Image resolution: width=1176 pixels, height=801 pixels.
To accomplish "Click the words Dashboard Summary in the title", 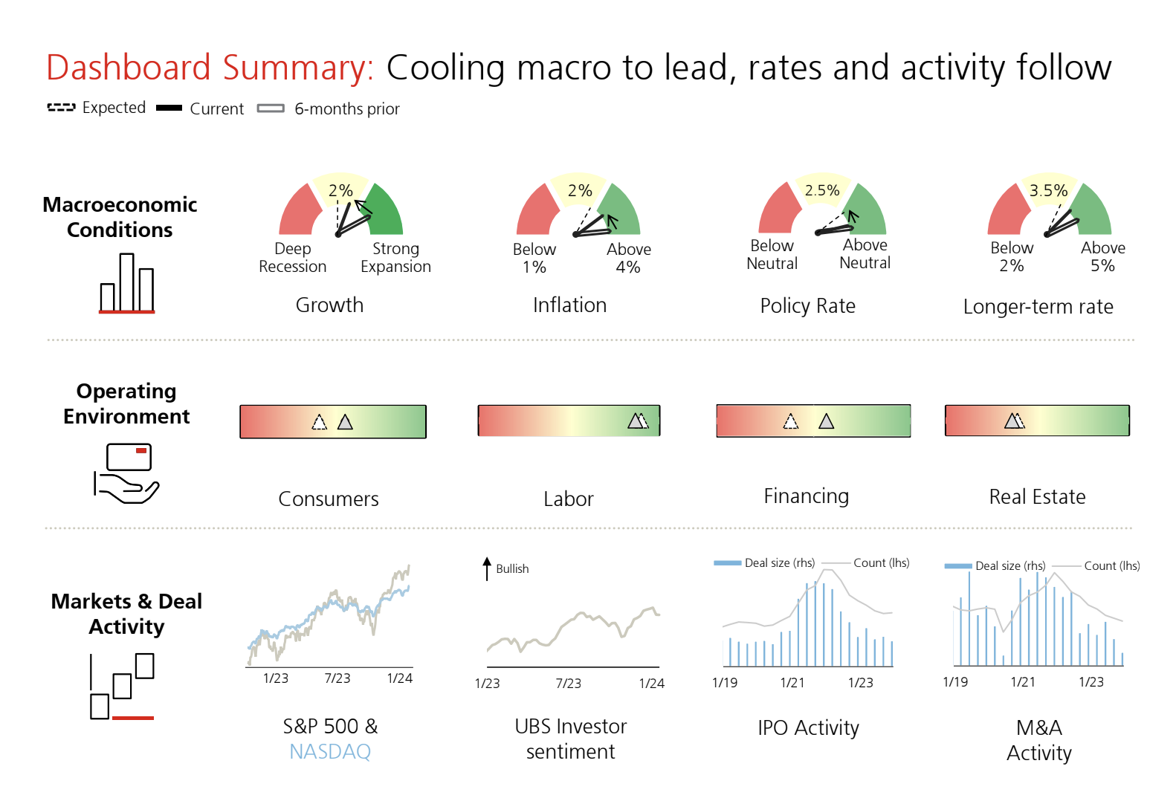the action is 210,68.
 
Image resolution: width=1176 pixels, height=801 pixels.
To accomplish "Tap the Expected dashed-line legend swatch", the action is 62,108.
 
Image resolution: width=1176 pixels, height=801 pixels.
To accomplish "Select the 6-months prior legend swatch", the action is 271,108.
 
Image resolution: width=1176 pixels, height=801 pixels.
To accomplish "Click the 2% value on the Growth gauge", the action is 340,190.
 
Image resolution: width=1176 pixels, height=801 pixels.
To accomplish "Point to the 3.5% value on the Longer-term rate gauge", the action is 1048,190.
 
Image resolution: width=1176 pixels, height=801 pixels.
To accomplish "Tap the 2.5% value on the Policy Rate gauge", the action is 822,190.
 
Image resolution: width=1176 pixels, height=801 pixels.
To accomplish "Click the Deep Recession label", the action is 292,257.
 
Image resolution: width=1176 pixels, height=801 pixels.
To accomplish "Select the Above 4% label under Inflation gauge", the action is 628,258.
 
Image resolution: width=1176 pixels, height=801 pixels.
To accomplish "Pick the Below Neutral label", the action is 772,254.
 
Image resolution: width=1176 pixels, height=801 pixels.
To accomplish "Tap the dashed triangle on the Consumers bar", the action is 319,423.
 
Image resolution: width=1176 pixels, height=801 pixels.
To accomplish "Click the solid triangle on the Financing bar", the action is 827,421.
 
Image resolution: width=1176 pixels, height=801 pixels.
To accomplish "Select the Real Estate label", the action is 1038,496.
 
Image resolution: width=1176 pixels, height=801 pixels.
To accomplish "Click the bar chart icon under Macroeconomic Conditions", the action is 127,283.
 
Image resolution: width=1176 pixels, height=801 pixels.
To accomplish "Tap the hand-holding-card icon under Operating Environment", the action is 126,473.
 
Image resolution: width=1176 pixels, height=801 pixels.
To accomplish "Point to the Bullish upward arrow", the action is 487,568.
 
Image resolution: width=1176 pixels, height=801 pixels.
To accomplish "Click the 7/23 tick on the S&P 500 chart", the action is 337,678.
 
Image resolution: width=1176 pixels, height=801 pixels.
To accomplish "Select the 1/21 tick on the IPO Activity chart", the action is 792,683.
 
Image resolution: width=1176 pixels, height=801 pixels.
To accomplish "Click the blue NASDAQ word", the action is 330,752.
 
